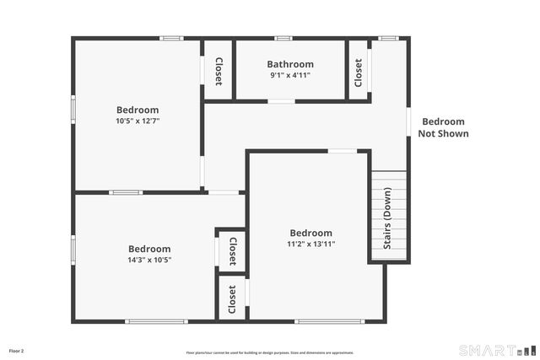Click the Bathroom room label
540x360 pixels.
tap(290, 64)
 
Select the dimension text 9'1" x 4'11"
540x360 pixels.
tap(290, 75)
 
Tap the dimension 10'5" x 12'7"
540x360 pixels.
tap(138, 121)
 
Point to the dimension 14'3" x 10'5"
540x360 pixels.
tap(149, 260)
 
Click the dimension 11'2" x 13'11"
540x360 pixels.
tap(311, 244)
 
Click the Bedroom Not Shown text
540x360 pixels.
tap(443, 127)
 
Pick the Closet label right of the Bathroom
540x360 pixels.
tap(359, 72)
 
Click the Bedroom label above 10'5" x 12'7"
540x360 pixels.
tap(138, 110)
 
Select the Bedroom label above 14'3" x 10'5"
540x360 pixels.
tap(149, 249)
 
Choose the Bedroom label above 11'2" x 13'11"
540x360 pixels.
tap(311, 234)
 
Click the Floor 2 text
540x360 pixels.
tap(17, 351)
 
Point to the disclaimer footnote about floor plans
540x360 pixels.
tap(270, 352)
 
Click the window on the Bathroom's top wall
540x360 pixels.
tap(283, 38)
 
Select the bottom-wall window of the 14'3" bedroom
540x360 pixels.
tap(156, 321)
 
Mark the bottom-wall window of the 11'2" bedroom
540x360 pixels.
tap(329, 321)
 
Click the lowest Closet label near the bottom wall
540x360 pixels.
tap(232, 298)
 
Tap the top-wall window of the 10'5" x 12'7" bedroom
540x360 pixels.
tap(171, 38)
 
